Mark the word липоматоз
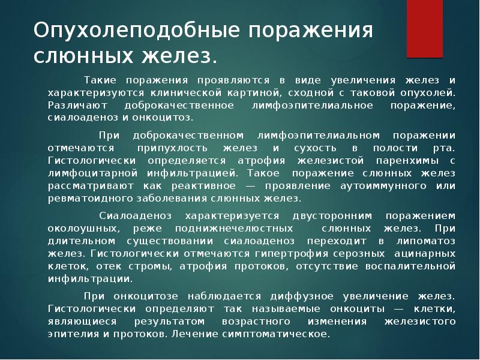(x=426, y=241)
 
